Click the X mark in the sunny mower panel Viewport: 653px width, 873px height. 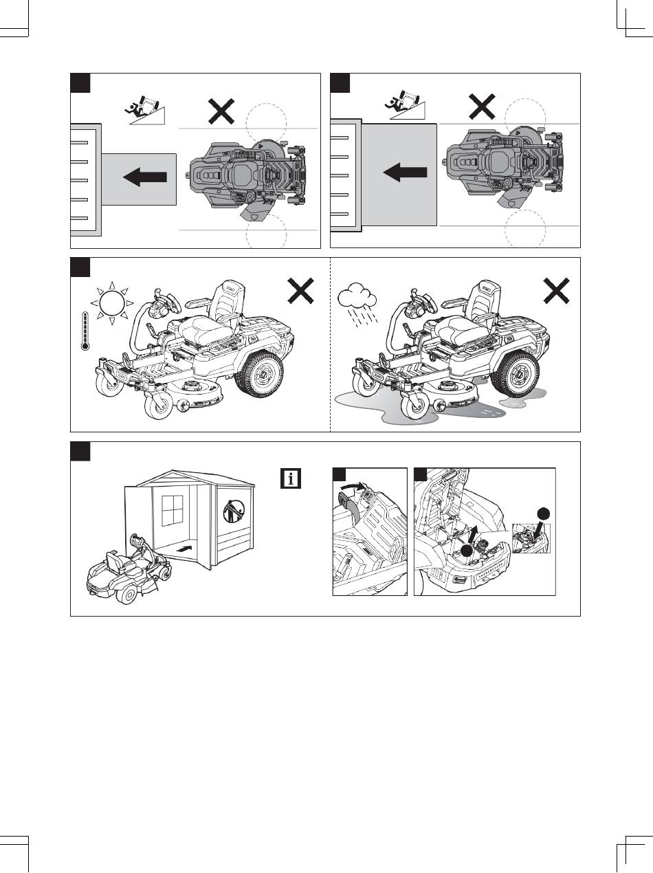tap(300, 291)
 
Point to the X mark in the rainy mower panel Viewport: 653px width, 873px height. tap(556, 291)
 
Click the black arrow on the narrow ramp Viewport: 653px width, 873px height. tap(145, 177)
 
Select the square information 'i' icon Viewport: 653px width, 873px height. tap(291, 478)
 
